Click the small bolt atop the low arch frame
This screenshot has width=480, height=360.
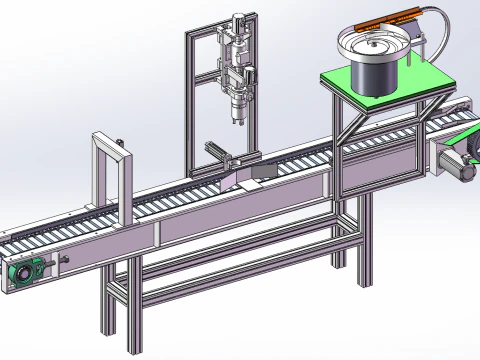click(119, 141)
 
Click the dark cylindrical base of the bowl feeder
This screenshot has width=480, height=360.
click(371, 75)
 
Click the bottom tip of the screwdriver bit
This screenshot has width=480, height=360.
click(237, 128)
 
